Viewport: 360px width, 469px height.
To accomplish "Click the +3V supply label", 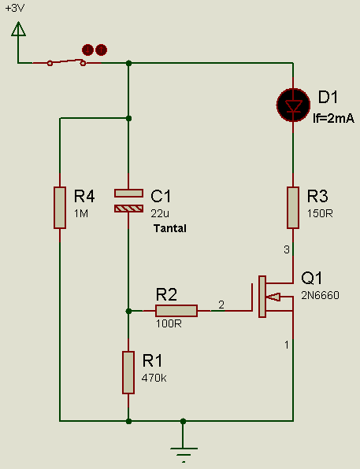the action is [15, 8].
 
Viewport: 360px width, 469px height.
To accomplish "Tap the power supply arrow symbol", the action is [18, 29].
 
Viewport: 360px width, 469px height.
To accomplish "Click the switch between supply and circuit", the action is [66, 62].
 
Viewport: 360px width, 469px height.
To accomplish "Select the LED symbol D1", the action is [293, 105].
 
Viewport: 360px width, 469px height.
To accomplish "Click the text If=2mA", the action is [333, 119].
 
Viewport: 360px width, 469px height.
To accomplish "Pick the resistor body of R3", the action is [293, 208].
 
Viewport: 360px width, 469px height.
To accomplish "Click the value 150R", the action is [320, 213].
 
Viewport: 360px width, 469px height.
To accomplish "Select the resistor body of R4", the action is [60, 208].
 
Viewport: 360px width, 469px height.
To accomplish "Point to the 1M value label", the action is [81, 213].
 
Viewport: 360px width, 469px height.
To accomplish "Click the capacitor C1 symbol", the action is [128, 201].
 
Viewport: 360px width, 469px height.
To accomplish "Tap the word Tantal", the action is [170, 228].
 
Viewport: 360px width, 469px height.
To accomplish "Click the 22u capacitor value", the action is [160, 213].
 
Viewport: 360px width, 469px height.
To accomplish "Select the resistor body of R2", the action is [176, 311].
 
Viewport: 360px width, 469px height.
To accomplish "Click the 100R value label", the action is [169, 323].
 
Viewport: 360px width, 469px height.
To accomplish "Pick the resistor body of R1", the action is [128, 372].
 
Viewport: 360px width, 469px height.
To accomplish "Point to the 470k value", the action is [154, 378].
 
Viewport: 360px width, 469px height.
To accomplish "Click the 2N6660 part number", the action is [320, 296].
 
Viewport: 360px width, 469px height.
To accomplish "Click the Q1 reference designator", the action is [312, 278].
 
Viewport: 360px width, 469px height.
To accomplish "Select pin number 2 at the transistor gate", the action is [221, 305].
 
